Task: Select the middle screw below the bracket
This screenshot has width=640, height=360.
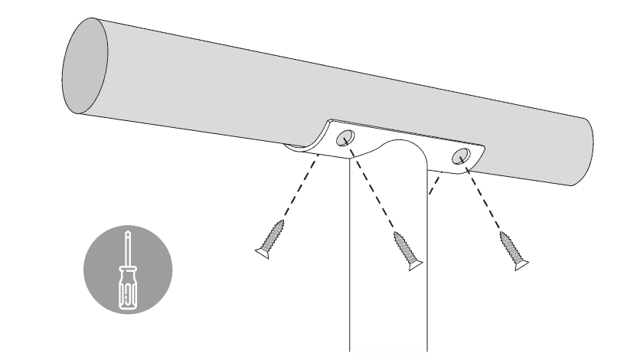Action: pyautogui.click(x=407, y=250)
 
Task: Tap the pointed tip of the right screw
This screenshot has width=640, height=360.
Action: pyautogui.click(x=503, y=233)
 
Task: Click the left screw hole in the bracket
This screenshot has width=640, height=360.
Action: pyautogui.click(x=345, y=139)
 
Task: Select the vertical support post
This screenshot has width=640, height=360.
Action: pyautogui.click(x=387, y=291)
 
